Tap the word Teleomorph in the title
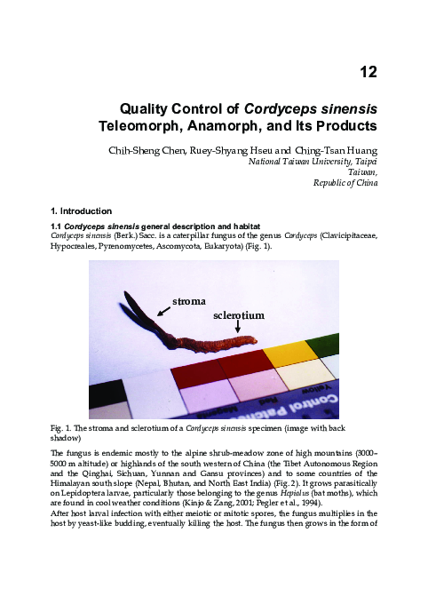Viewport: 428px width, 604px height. (138, 127)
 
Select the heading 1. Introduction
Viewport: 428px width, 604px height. (82, 211)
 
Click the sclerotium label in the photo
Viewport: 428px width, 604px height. (239, 315)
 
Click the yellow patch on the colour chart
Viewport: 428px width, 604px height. (285, 354)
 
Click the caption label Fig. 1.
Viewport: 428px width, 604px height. (62, 430)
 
